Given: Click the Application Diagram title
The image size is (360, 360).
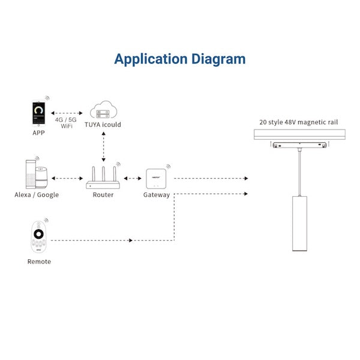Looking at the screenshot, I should [x=180, y=59].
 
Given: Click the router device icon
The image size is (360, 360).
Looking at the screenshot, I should [x=103, y=177].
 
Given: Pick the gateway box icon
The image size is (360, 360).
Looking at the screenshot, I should [x=155, y=178].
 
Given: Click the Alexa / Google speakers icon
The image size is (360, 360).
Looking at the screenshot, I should [x=37, y=174].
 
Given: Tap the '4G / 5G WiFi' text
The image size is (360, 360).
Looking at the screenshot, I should [x=67, y=123].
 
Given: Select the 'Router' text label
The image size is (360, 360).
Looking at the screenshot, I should [x=103, y=195].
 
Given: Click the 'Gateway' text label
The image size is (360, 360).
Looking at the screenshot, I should [x=156, y=195].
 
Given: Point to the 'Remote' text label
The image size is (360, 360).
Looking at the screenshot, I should [x=39, y=262].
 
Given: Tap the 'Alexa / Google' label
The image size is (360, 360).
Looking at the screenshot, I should [x=37, y=195].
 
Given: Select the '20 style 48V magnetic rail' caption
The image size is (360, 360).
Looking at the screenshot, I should [x=298, y=122].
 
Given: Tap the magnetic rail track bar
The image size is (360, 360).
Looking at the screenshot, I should [x=298, y=135].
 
